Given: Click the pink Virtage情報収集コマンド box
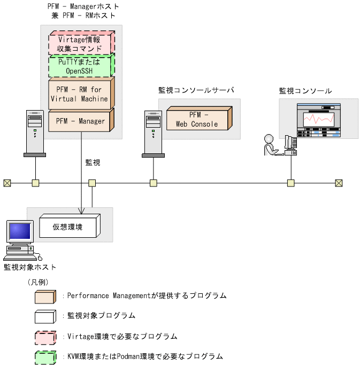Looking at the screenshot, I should click(80, 43).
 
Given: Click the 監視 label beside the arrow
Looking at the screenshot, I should click(93, 162).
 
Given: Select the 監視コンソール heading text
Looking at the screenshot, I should click(305, 91).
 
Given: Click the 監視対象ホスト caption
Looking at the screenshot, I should click(30, 267).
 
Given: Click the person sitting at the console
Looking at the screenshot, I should click(271, 145).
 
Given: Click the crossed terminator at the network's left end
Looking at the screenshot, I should click(6, 183).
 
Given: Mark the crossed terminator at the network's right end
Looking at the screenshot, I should click(339, 183).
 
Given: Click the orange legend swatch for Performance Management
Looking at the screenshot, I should click(45, 295).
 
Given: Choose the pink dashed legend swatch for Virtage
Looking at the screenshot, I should click(45, 337).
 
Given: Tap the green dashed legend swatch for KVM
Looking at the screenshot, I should click(45, 356).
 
